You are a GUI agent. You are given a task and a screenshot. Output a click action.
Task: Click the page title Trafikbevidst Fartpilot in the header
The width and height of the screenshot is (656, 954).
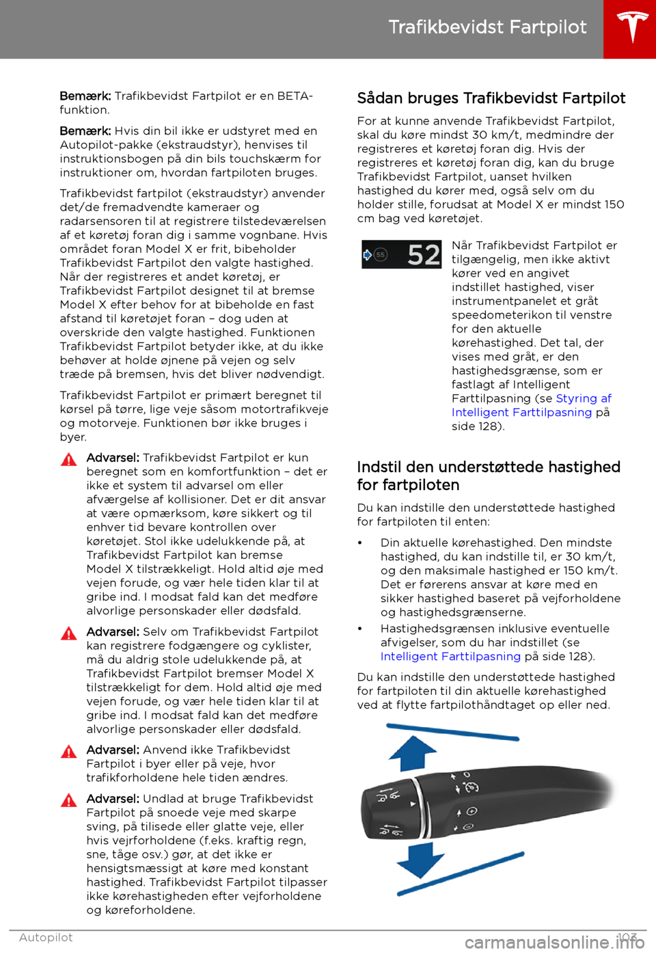click(x=487, y=27)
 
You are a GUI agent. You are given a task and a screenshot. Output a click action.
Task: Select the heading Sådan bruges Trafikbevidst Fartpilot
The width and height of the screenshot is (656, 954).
click(x=491, y=98)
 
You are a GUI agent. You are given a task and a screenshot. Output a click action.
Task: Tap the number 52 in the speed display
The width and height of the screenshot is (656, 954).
click(x=424, y=256)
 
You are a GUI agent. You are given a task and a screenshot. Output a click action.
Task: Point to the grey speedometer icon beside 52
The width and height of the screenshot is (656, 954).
click(x=381, y=255)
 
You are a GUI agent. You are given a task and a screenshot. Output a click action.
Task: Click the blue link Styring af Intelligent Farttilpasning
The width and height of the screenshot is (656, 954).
click(x=531, y=405)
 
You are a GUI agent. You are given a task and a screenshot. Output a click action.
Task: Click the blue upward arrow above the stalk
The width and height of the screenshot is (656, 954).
click(x=412, y=754)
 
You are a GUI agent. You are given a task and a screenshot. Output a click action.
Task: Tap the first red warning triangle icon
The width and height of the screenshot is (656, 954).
click(x=69, y=459)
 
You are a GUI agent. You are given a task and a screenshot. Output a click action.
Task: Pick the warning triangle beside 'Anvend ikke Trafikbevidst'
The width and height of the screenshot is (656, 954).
click(x=69, y=752)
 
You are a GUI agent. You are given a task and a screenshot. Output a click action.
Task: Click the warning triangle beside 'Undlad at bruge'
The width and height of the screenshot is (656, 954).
click(x=69, y=800)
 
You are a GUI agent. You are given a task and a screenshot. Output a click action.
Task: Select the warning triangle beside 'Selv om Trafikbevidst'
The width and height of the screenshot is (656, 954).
click(x=69, y=633)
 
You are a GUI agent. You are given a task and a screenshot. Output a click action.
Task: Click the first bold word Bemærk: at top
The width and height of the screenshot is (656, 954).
click(x=85, y=96)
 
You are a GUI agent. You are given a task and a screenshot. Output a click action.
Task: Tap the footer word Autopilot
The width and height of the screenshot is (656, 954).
click(x=46, y=938)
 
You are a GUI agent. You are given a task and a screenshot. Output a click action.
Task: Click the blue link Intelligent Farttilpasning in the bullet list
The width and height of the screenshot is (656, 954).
click(x=450, y=657)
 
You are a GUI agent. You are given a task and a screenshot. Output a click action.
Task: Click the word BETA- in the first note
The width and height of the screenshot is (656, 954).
click(x=295, y=96)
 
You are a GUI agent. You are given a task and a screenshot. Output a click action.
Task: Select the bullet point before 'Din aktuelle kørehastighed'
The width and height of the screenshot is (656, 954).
click(x=360, y=543)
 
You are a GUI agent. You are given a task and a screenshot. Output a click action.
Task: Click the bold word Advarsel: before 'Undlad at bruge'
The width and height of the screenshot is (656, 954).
click(x=113, y=799)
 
